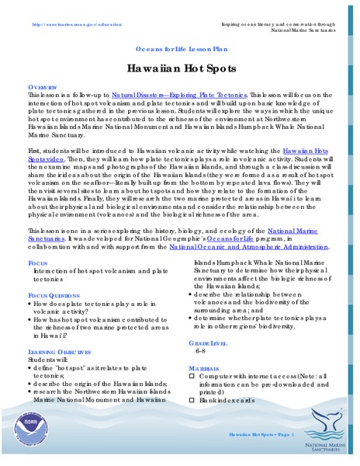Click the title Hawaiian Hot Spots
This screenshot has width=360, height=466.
pos(180,68)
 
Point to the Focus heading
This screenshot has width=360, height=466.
pos(36,264)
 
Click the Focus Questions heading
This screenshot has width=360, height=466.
pos(56,297)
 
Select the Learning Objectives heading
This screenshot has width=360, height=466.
pos(62,351)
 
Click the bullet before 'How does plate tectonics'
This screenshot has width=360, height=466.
pos(30,306)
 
